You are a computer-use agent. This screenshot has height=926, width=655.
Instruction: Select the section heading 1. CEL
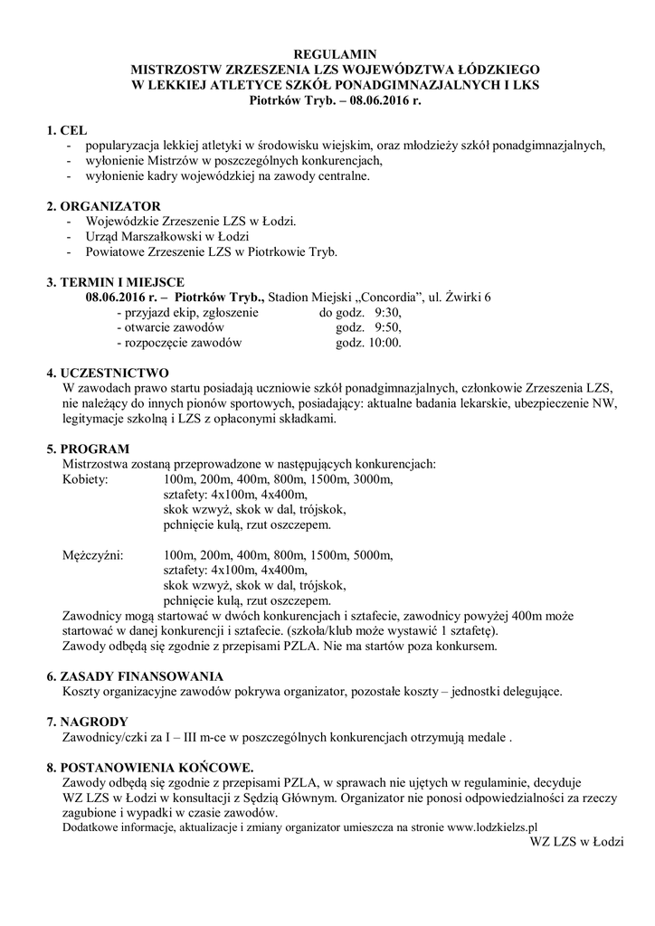[66, 131]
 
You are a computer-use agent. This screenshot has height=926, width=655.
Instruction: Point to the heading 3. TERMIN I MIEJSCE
[116, 282]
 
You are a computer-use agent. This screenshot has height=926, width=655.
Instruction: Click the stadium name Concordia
[384, 298]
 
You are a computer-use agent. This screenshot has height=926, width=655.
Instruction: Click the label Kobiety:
[85, 479]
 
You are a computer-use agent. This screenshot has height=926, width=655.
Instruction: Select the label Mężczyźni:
[93, 554]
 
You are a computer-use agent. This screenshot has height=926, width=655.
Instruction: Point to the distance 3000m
[373, 479]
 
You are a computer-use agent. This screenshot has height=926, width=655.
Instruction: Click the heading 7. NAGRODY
[88, 722]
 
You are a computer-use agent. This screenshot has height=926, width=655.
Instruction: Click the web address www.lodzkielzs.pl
[493, 826]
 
